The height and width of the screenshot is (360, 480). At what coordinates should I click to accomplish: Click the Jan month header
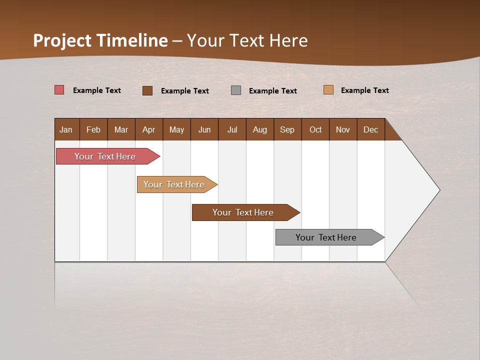pos(66,129)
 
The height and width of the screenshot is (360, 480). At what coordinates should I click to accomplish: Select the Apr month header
pos(148,129)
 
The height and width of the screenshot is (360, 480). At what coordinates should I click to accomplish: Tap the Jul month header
pos(232,129)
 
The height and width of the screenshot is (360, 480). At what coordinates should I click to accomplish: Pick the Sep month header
pos(287,129)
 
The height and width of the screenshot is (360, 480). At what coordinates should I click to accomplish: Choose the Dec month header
pos(370,129)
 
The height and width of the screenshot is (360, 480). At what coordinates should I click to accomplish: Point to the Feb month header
pos(93,129)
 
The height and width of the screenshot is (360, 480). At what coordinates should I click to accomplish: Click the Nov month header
pos(342,129)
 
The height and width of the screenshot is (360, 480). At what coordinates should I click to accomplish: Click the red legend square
pos(59,90)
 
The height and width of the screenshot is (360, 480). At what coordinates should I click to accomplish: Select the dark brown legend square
pos(147,90)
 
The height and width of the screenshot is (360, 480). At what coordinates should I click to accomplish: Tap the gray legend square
pos(236,90)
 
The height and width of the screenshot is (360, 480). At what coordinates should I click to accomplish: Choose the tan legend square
pos(328,90)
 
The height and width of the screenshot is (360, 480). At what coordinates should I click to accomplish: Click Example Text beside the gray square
pos(272,91)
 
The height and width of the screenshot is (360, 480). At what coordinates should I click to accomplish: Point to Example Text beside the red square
pos(97,90)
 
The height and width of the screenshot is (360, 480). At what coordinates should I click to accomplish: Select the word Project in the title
pos(62,40)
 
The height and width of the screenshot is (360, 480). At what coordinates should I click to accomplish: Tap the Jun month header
pos(204,129)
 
